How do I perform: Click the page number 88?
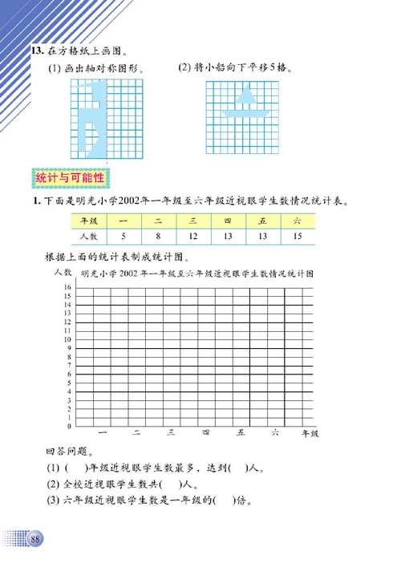pyautogui.click(x=36, y=537)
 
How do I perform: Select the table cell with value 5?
pyautogui.click(x=124, y=237)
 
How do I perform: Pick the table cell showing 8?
pyautogui.click(x=159, y=237)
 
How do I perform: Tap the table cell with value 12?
pyautogui.click(x=193, y=237)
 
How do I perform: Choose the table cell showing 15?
pyautogui.click(x=298, y=237)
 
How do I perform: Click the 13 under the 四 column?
pyautogui.click(x=228, y=237)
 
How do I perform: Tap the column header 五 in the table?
pyautogui.click(x=262, y=221)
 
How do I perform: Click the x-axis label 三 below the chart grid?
pyautogui.click(x=171, y=434)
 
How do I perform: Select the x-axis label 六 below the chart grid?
pyautogui.click(x=274, y=434)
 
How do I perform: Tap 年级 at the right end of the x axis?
pyautogui.click(x=309, y=434)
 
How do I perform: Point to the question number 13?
pyautogui.click(x=36, y=51)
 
